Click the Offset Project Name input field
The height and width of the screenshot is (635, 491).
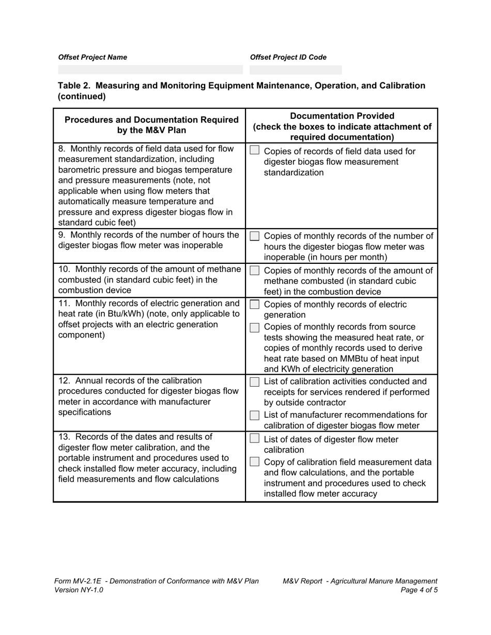[x=150, y=70]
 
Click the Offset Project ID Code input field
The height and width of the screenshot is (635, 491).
[x=295, y=70]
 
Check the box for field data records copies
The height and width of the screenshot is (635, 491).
[x=254, y=150]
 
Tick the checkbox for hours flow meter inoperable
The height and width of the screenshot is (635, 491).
[x=254, y=236]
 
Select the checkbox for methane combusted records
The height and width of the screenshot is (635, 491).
[x=254, y=271]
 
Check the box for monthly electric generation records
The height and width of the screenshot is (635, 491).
[x=254, y=305]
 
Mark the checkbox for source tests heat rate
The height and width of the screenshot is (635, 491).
[x=254, y=327]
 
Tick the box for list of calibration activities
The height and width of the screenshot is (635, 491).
[x=254, y=382]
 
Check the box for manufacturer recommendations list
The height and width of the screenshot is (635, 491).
[x=254, y=415]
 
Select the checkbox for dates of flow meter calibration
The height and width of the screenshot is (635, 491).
[x=254, y=439]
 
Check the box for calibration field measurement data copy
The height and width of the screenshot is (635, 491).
[x=254, y=462]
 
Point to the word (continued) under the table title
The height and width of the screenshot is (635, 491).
[x=82, y=97]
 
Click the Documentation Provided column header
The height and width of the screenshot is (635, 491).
[x=342, y=116]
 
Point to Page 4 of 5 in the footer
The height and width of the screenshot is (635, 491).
[x=419, y=590]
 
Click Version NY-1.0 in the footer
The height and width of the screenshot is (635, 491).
[x=79, y=590]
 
